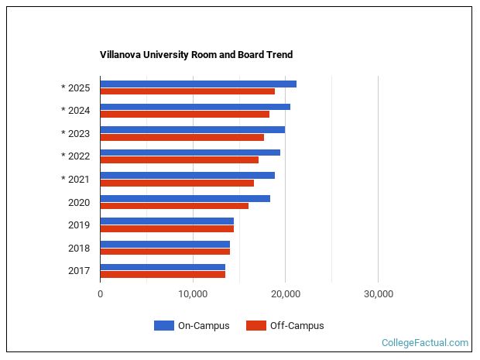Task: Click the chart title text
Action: (196, 55)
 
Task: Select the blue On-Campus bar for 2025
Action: (198, 84)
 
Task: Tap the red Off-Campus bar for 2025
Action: (187, 91)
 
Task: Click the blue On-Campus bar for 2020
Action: (185, 198)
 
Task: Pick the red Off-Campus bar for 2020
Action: (174, 206)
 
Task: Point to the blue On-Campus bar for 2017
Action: (163, 267)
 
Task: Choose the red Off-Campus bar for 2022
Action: (179, 160)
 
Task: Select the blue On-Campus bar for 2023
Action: (192, 129)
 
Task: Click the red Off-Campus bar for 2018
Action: (165, 252)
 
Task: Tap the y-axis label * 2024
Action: (76, 111)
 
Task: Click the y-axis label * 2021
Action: (76, 180)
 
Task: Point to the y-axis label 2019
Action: (80, 225)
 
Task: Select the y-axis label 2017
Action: (80, 271)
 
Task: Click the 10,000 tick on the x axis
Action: (192, 294)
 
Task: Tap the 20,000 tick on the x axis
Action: (285, 294)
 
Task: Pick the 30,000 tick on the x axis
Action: (378, 294)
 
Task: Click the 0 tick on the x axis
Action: (101, 294)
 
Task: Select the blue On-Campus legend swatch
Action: (163, 326)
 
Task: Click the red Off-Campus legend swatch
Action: (255, 326)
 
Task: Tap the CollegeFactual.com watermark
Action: (425, 343)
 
